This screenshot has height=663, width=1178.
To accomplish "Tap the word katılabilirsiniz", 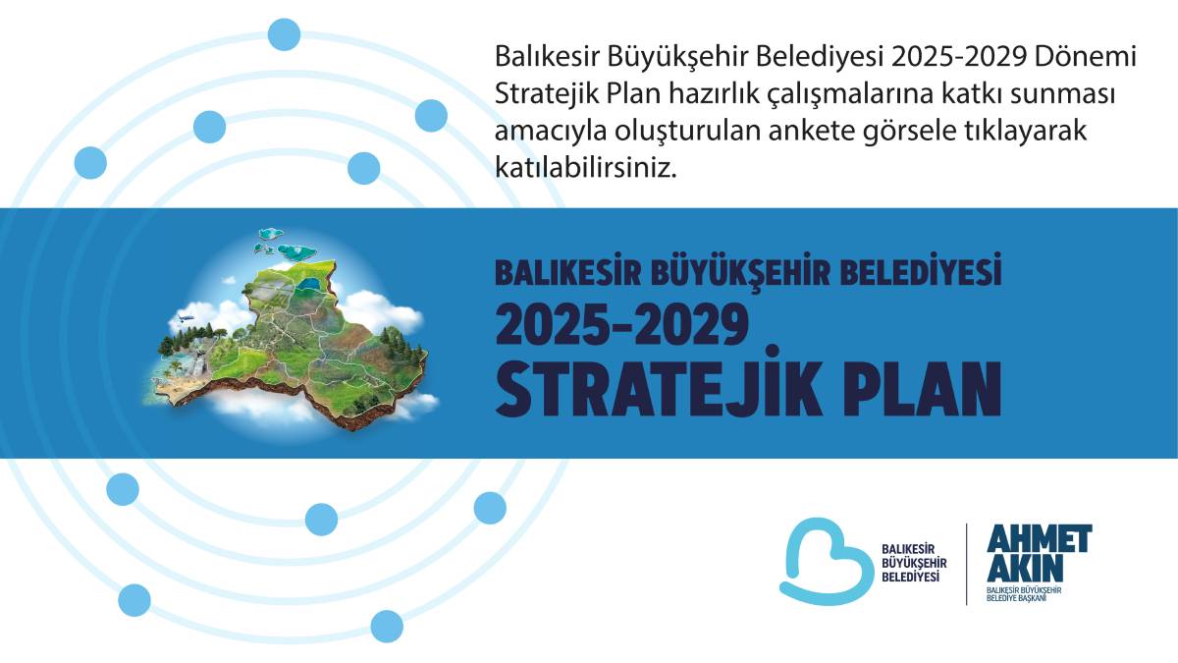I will tap(587, 168).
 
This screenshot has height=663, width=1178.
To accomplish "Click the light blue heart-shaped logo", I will tap(826, 559).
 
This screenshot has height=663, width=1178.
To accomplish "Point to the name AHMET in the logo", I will tap(1039, 539).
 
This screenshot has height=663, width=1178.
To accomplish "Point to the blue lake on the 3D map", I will tap(310, 285).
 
